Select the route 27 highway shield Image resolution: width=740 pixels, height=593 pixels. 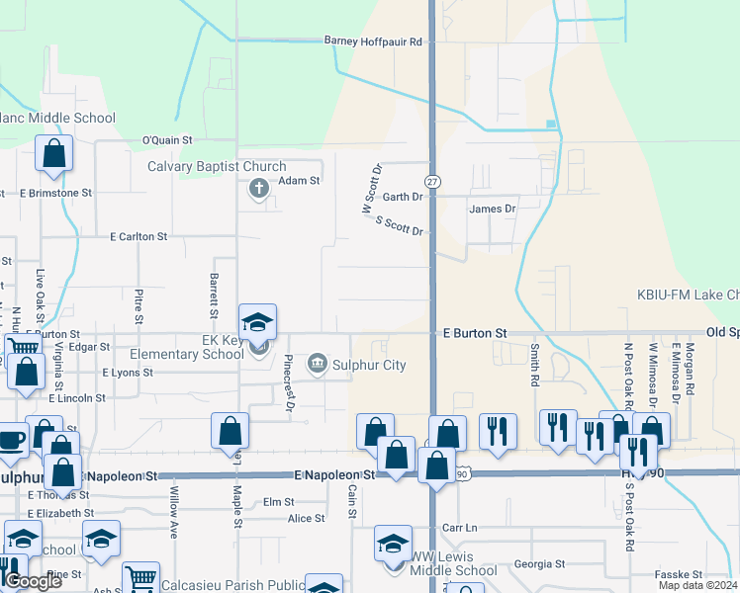tap(432, 182)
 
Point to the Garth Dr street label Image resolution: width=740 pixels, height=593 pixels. tap(403, 197)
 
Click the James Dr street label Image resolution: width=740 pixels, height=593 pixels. tap(492, 209)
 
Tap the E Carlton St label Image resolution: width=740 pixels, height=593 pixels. tap(139, 237)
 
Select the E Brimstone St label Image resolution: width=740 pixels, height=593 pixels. tap(55, 193)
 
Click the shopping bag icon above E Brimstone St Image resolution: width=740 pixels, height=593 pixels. tap(53, 154)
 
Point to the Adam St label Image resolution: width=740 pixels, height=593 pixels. tap(299, 181)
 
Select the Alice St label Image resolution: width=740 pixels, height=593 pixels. tap(306, 519)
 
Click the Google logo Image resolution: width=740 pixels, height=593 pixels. tap(33, 581)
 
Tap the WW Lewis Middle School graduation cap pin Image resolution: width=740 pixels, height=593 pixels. tap(393, 545)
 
